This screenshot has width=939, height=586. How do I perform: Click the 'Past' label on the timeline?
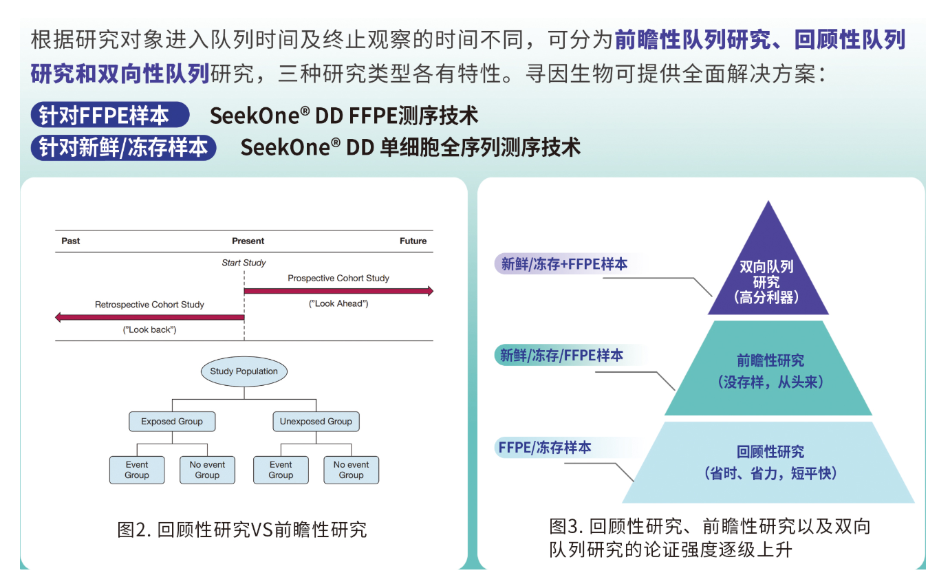click(70, 241)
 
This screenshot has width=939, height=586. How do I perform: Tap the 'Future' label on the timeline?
click(413, 241)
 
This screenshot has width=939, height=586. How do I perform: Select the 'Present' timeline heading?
click(248, 241)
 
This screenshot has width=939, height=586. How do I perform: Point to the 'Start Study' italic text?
click(244, 263)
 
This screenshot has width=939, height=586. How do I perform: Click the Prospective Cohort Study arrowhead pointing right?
click(431, 291)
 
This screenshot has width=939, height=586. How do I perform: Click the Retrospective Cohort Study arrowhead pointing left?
click(58, 317)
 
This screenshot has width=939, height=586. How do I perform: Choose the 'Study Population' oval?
click(244, 371)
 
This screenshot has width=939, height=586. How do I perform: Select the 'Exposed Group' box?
click(172, 421)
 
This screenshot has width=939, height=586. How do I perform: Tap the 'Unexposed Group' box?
click(316, 421)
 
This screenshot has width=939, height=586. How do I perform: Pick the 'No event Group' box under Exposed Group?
click(207, 470)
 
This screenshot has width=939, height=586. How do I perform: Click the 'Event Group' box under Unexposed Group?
click(281, 470)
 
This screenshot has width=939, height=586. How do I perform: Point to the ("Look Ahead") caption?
click(338, 303)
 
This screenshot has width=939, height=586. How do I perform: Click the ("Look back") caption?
click(150, 330)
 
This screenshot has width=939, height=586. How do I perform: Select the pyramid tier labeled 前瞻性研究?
click(768, 368)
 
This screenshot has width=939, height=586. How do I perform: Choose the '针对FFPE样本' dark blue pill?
click(110, 115)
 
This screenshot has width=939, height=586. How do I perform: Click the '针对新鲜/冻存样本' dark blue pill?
click(123, 148)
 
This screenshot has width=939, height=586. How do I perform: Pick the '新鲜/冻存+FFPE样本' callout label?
click(564, 264)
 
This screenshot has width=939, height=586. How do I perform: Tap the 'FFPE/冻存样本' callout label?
click(545, 448)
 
